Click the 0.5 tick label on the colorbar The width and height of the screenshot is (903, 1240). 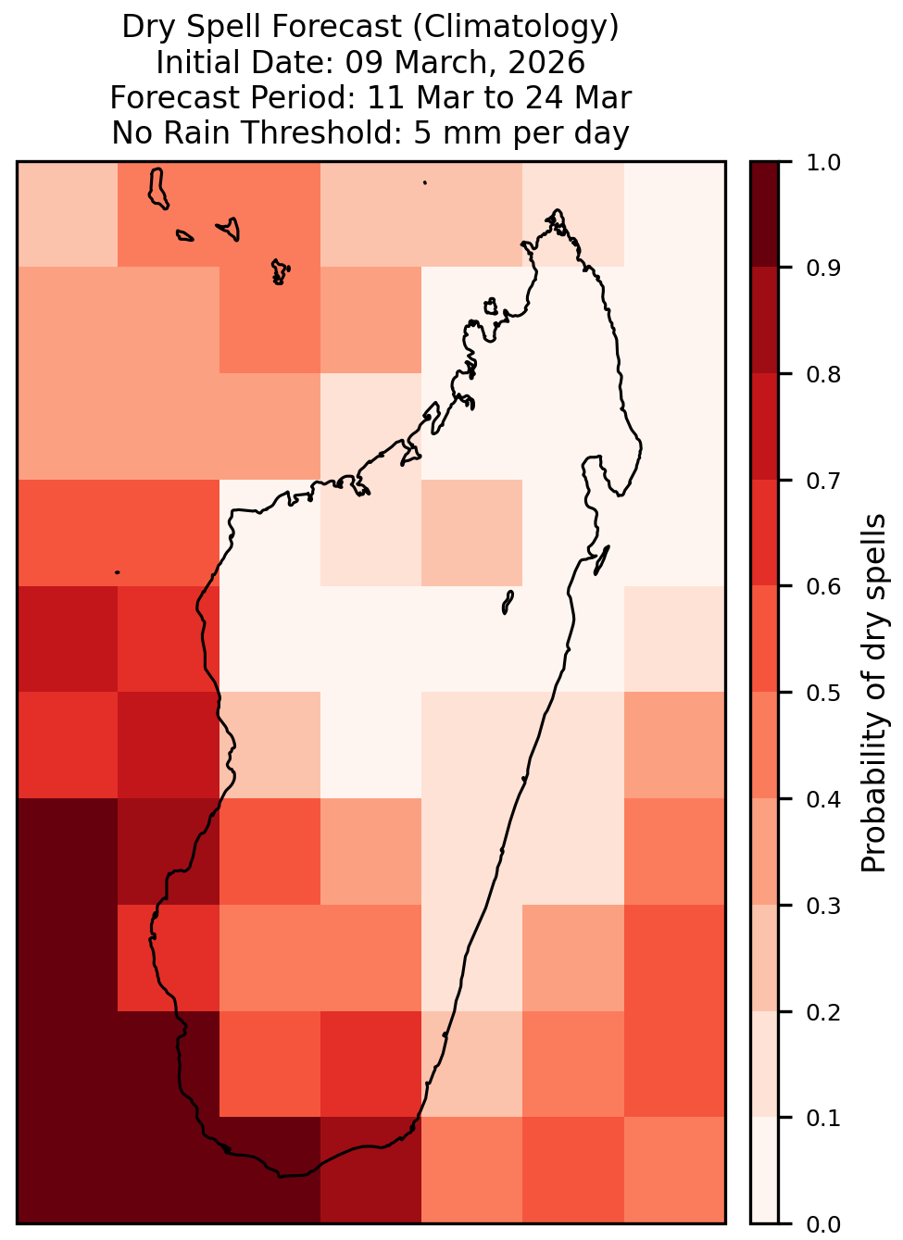click(823, 693)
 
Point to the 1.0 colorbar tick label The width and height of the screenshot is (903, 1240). click(823, 163)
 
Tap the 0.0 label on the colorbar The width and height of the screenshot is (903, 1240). click(823, 1224)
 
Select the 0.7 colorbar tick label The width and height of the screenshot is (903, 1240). click(823, 481)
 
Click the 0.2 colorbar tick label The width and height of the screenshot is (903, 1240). click(823, 1012)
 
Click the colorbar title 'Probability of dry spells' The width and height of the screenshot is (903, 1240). click(873, 693)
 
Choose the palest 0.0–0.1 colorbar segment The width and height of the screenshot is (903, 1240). click(764, 1171)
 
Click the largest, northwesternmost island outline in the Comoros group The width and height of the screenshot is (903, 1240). click(157, 188)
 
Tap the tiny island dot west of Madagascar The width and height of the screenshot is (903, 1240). click(117, 572)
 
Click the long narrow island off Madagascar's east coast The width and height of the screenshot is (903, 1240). click(601, 560)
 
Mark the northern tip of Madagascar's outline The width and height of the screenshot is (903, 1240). click(557, 210)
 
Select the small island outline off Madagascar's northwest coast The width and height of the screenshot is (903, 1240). click(491, 307)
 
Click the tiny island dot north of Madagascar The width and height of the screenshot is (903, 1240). click(425, 182)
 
